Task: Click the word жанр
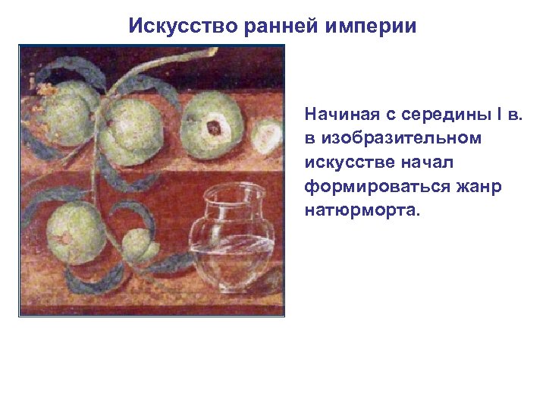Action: click(x=479, y=186)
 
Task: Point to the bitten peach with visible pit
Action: click(x=214, y=126)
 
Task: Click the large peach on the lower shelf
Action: click(x=76, y=234)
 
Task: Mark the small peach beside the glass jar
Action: click(x=142, y=244)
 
